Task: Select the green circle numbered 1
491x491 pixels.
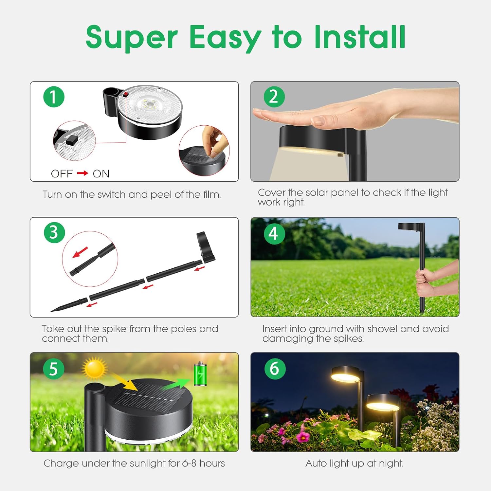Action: pyautogui.click(x=54, y=97)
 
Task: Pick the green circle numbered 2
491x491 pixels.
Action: pyautogui.click(x=274, y=97)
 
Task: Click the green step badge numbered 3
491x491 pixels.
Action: pyautogui.click(x=54, y=233)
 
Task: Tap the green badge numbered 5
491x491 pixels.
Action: pyautogui.click(x=54, y=369)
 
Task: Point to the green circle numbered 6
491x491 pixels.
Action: pyautogui.click(x=275, y=369)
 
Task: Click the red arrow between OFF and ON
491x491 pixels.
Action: pyautogui.click(x=83, y=173)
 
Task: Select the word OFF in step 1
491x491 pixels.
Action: pyautogui.click(x=62, y=173)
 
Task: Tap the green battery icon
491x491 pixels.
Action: pyautogui.click(x=200, y=374)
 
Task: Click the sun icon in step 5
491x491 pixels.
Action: pyautogui.click(x=95, y=368)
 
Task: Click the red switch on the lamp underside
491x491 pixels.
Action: pyautogui.click(x=125, y=94)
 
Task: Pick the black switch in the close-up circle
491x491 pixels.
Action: pyautogui.click(x=71, y=140)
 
